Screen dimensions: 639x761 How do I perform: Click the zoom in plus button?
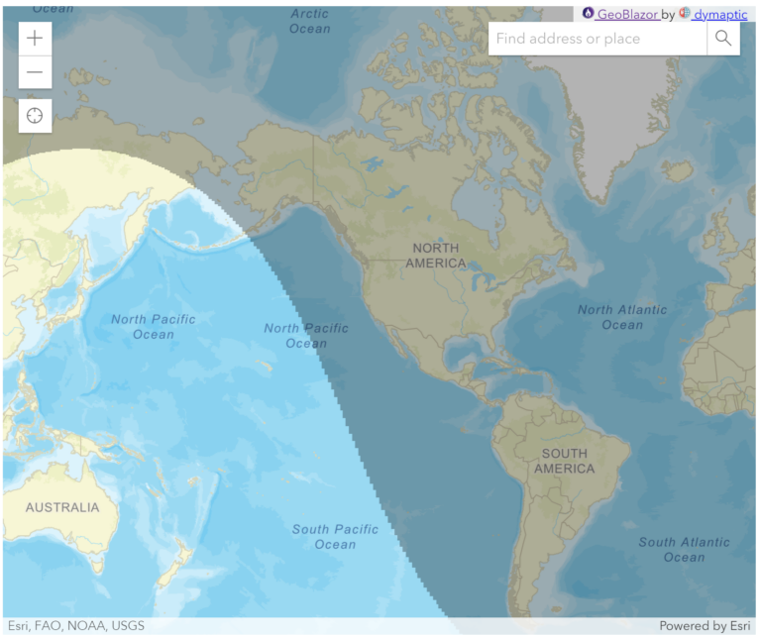[x=35, y=39]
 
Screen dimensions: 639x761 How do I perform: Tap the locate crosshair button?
[x=35, y=115]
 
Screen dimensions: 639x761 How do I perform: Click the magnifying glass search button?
[x=723, y=39]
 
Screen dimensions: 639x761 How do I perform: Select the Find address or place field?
[x=597, y=39]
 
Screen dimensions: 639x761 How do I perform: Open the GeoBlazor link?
[x=627, y=14]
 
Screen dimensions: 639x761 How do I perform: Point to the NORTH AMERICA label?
[x=436, y=256]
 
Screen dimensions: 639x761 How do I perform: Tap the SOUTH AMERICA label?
[x=564, y=461]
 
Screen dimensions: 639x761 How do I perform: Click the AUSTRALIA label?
[x=62, y=507]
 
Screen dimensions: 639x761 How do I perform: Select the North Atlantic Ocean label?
[x=622, y=317]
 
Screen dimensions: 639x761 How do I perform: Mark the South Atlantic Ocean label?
[x=684, y=549]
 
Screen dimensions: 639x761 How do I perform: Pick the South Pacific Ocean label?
[x=335, y=536]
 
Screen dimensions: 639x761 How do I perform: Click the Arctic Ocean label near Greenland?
[x=309, y=21]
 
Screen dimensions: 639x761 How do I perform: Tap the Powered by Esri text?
[x=706, y=626]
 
